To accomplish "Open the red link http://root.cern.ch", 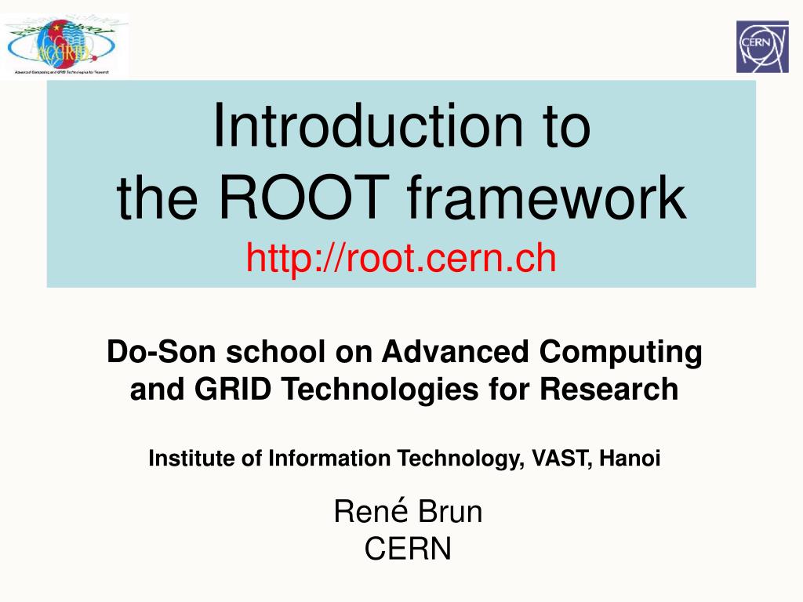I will [401, 257].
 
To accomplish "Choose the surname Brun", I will [450, 513].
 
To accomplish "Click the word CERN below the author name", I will [408, 549].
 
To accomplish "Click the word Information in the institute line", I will [329, 459].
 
